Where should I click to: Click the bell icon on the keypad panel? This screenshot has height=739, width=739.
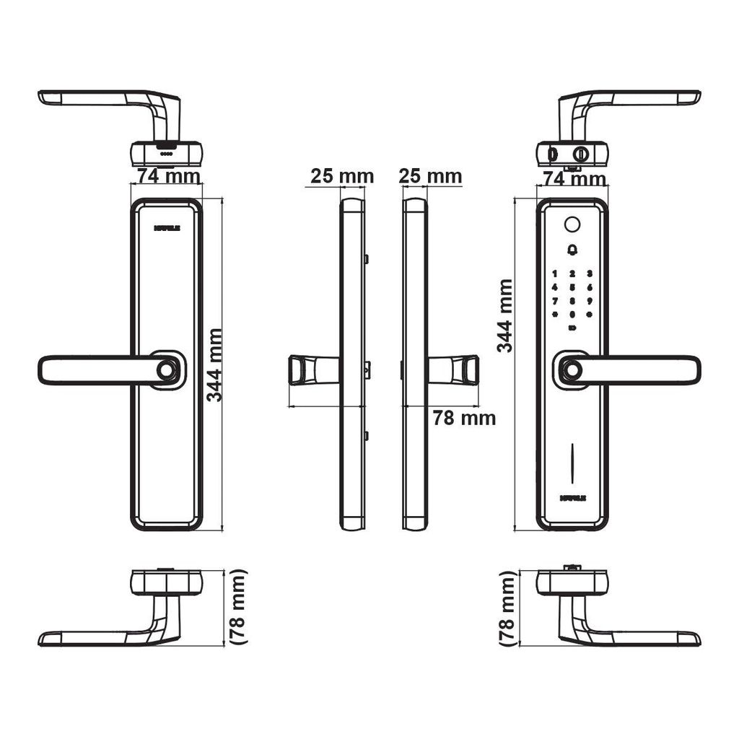[x=572, y=250]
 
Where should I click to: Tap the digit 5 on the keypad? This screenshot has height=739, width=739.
[x=572, y=287]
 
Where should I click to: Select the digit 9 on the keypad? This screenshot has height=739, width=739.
[x=590, y=300]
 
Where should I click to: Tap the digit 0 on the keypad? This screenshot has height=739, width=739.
[x=572, y=315]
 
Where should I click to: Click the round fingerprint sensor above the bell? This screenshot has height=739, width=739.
[x=572, y=224]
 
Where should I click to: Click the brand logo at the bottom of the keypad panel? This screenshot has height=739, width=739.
[x=572, y=497]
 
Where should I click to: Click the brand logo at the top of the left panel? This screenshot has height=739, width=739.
[x=167, y=227]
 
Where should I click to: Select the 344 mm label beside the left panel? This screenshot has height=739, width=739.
[x=214, y=364]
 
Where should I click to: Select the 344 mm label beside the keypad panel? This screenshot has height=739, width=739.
[x=505, y=315]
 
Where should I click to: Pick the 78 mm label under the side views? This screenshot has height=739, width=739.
[x=463, y=418]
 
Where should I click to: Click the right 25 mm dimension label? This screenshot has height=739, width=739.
[x=430, y=176]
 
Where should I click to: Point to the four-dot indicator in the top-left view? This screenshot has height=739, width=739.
[x=166, y=154]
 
